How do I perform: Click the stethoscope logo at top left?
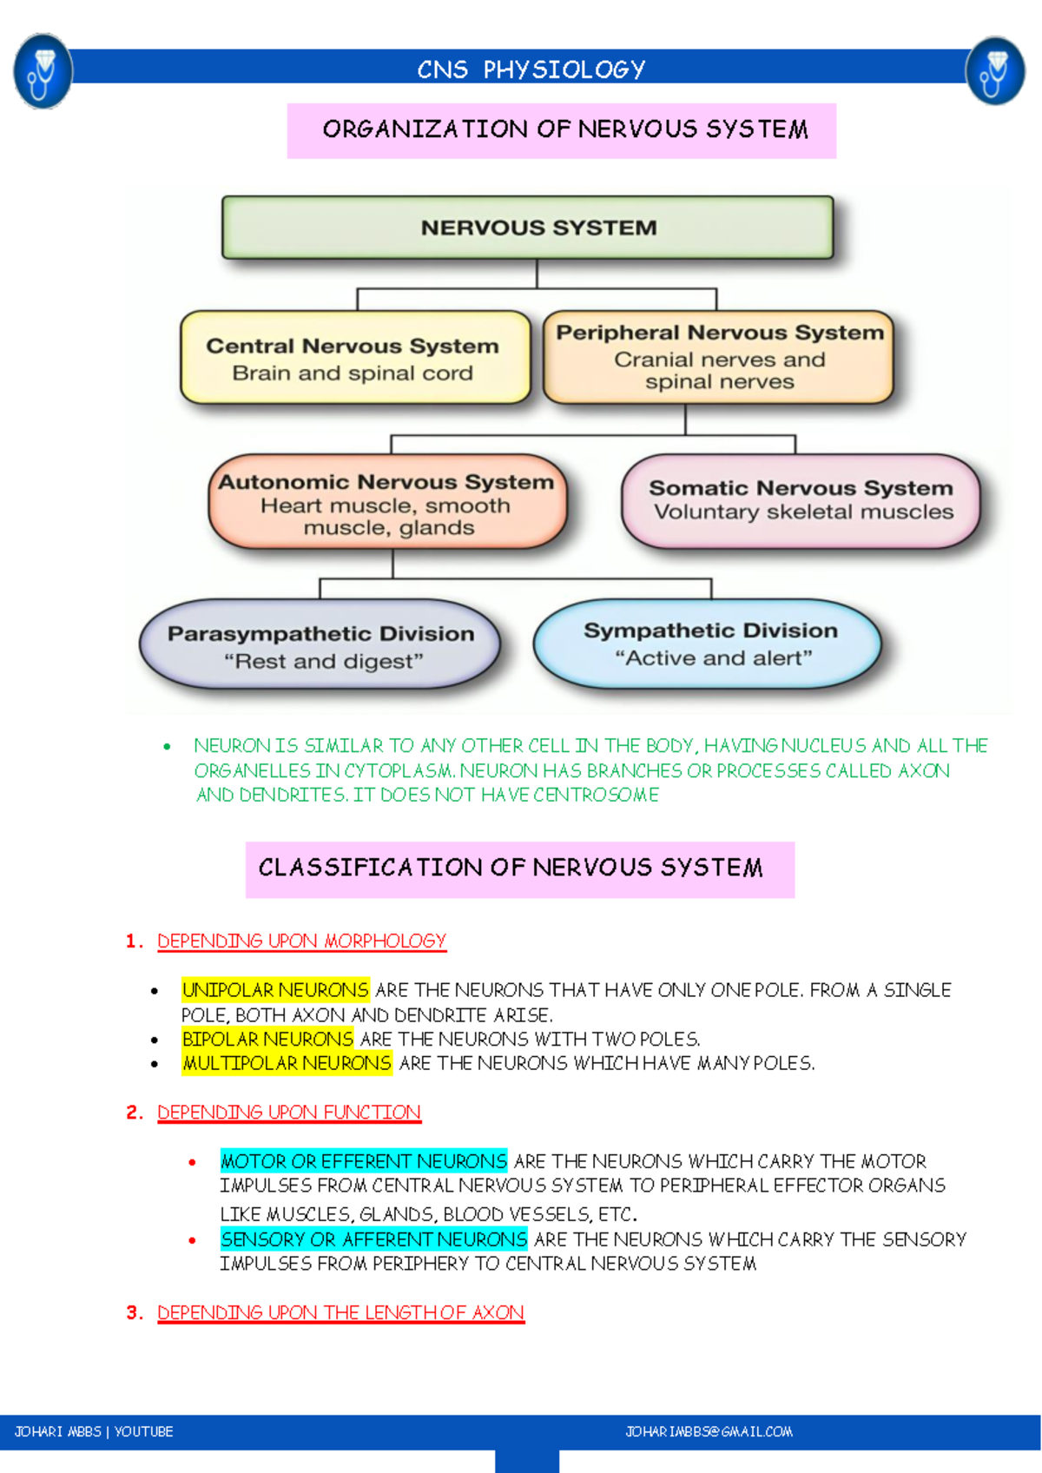pyautogui.click(x=43, y=71)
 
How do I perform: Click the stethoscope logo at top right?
pyautogui.click(x=995, y=71)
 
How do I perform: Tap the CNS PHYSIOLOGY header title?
pyautogui.click(x=531, y=69)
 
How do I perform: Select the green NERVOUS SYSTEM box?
pyautogui.click(x=527, y=228)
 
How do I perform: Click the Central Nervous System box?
pyautogui.click(x=354, y=358)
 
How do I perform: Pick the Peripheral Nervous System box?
pyautogui.click(x=718, y=357)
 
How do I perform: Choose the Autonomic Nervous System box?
pyautogui.click(x=387, y=503)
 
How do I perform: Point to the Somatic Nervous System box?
pyautogui.click(x=801, y=500)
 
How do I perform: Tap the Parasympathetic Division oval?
pyautogui.click(x=320, y=645)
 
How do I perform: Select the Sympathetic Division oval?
pyautogui.click(x=709, y=644)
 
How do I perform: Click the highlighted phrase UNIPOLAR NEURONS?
pyautogui.click(x=275, y=990)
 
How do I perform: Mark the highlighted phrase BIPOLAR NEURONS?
pyautogui.click(x=267, y=1039)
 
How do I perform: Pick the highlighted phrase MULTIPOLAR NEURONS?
pyautogui.click(x=287, y=1063)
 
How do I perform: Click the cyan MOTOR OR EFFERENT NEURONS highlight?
pyautogui.click(x=364, y=1161)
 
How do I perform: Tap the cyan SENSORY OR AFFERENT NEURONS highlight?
pyautogui.click(x=373, y=1239)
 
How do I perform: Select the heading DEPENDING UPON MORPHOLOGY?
pyautogui.click(x=301, y=941)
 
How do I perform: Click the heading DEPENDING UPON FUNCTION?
pyautogui.click(x=288, y=1113)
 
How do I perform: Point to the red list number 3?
pyautogui.click(x=134, y=1312)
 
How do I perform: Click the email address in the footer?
pyautogui.click(x=709, y=1431)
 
